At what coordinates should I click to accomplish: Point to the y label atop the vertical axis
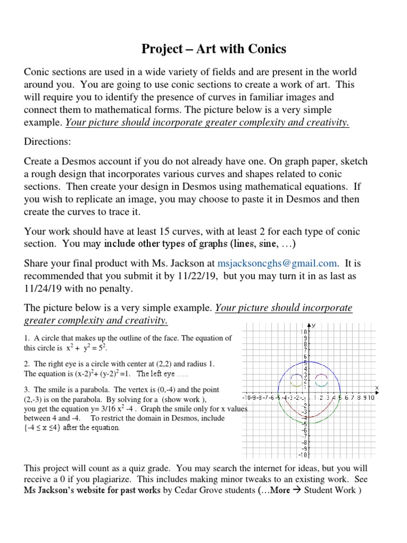pyautogui.click(x=313, y=326)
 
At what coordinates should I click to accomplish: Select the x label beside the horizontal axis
pyautogui.click(x=377, y=388)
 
